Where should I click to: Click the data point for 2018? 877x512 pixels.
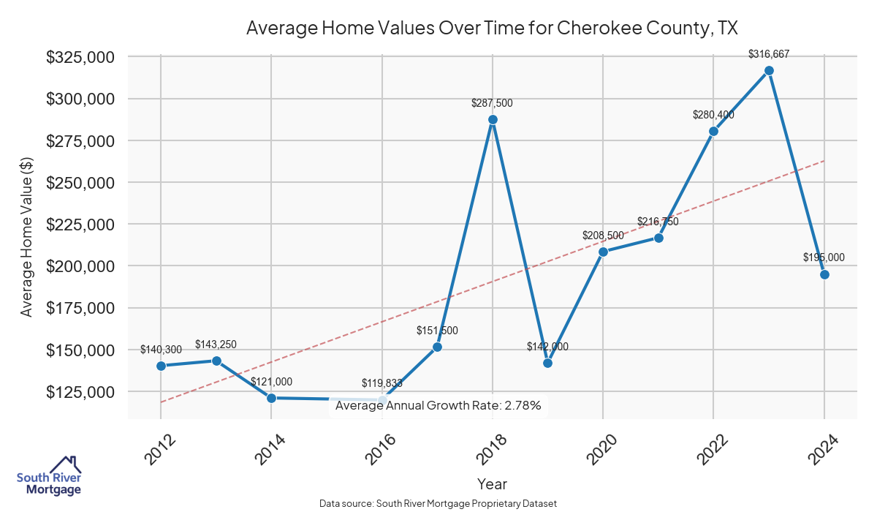click(x=493, y=120)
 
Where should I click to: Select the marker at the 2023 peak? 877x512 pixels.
click(x=769, y=71)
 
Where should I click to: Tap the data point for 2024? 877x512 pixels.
click(x=824, y=274)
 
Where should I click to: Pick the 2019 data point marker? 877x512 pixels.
click(x=548, y=363)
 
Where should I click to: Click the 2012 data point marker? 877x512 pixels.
click(x=161, y=366)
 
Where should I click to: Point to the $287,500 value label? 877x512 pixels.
click(x=492, y=103)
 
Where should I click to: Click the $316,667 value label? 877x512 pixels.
click(x=769, y=54)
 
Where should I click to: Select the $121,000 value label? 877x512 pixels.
click(x=271, y=382)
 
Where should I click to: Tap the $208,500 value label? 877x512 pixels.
click(x=603, y=236)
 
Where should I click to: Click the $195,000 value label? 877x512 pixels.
click(x=824, y=257)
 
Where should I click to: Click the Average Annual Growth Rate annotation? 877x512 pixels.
click(x=438, y=406)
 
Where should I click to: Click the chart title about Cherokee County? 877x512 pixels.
click(x=492, y=29)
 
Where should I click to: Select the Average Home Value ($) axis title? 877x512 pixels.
click(x=26, y=236)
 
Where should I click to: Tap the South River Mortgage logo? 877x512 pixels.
click(x=49, y=475)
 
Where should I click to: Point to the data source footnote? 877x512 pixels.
click(x=438, y=503)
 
